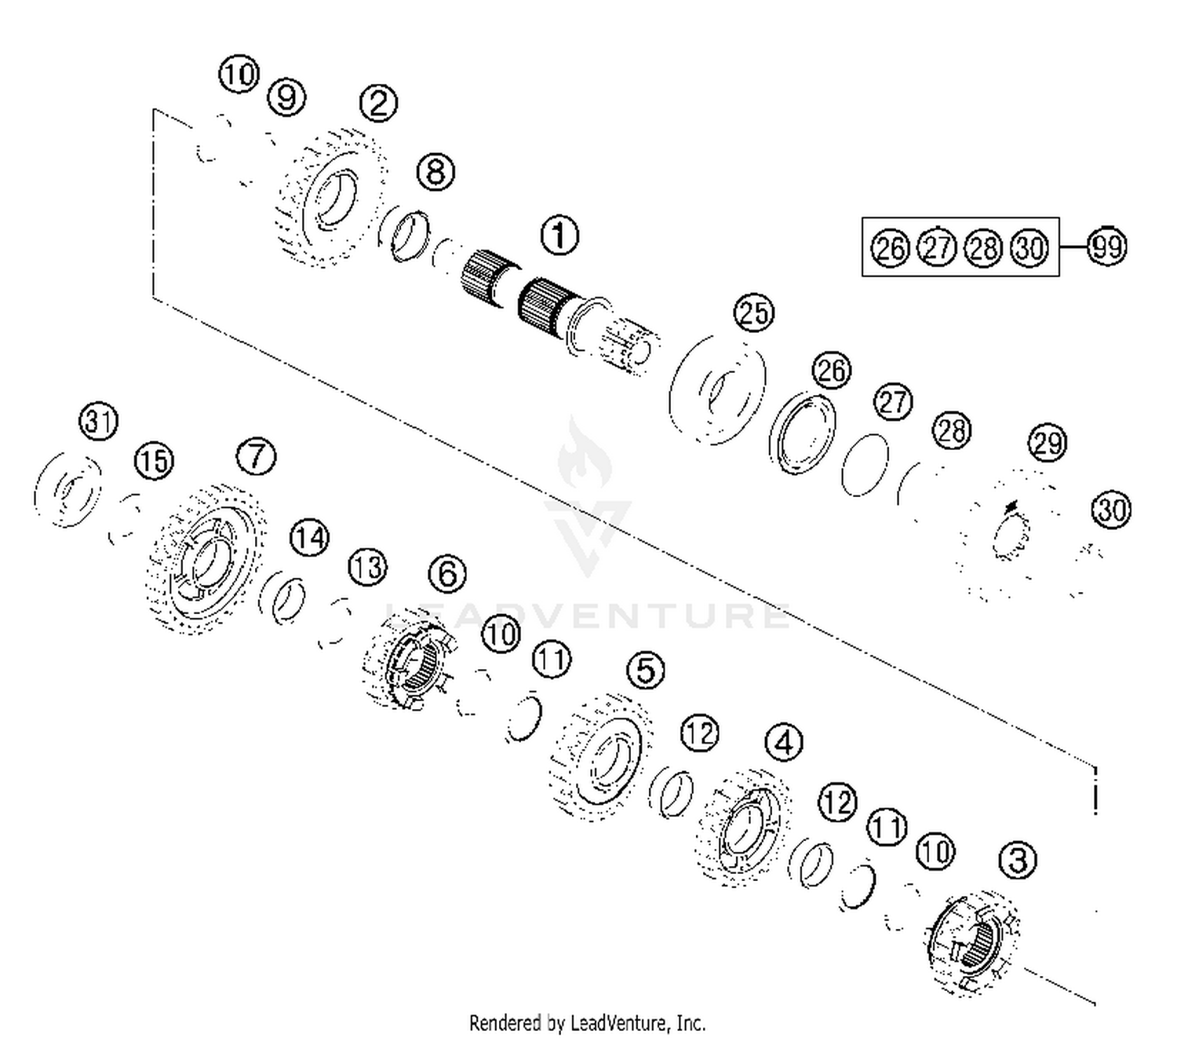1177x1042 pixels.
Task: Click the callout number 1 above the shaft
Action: pos(559,236)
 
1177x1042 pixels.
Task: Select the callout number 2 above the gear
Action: pos(378,103)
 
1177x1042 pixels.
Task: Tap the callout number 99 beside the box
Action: pos(1106,247)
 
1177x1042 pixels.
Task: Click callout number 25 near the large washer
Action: pos(753,313)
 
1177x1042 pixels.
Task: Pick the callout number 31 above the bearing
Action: pos(99,422)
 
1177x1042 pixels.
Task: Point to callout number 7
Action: pos(257,456)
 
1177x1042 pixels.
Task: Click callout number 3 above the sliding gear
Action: pos(1017,860)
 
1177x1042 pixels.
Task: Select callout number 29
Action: pos(1048,444)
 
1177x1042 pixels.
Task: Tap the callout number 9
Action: pos(286,98)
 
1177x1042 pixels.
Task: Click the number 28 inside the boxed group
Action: pos(983,248)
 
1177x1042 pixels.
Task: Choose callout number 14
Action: pos(309,539)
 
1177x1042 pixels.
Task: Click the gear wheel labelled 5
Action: pos(600,754)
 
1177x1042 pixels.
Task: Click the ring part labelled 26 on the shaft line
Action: pos(802,434)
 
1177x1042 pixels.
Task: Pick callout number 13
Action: pos(367,567)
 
